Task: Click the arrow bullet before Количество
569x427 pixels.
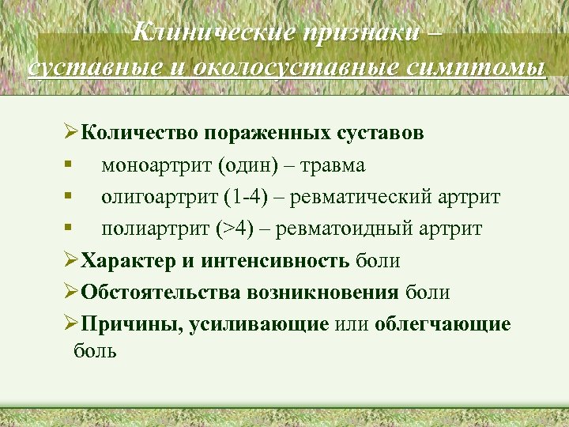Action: coord(70,132)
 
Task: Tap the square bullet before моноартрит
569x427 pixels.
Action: coord(70,164)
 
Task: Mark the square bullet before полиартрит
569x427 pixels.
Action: coord(70,229)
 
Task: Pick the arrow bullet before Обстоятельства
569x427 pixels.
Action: coord(70,293)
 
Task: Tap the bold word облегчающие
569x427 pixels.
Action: coord(443,324)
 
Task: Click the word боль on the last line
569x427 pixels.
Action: coord(95,350)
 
